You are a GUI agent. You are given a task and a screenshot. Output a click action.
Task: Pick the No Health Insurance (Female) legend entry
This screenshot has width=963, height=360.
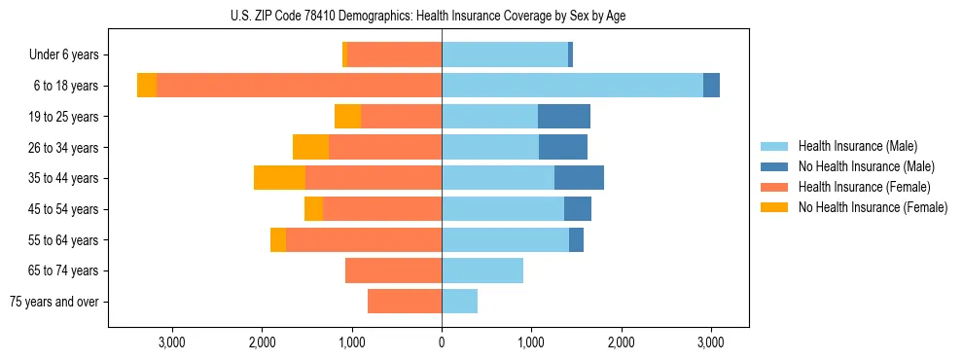pyautogui.click(x=873, y=207)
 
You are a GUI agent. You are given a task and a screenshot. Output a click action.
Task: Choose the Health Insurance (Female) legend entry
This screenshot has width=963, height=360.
pyautogui.click(x=864, y=187)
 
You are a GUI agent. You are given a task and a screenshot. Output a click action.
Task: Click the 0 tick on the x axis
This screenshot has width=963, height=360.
pyautogui.click(x=442, y=342)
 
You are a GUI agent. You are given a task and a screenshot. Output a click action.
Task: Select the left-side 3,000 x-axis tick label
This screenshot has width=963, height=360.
pyautogui.click(x=172, y=342)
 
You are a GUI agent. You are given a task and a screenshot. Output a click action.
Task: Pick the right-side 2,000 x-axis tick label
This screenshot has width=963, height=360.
pyautogui.click(x=621, y=342)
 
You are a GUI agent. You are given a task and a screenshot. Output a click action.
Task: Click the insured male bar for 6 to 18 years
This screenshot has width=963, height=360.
pyautogui.click(x=572, y=85)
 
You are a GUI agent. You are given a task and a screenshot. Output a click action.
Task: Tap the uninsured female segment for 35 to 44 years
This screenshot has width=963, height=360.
pyautogui.click(x=279, y=178)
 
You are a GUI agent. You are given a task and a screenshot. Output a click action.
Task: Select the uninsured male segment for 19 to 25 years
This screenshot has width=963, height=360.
pyautogui.click(x=564, y=117)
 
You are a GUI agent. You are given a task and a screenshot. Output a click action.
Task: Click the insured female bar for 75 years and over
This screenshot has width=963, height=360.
pyautogui.click(x=405, y=302)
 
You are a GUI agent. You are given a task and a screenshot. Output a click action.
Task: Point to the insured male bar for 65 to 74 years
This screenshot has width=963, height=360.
pyautogui.click(x=482, y=270)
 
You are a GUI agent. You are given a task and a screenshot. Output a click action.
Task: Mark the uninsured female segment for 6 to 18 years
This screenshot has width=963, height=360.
pyautogui.click(x=147, y=85)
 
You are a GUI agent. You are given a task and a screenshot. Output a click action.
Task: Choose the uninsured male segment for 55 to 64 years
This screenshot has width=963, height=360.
pyautogui.click(x=576, y=239)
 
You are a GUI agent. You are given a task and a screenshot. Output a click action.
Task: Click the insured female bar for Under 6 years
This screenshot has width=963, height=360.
pyautogui.click(x=394, y=54)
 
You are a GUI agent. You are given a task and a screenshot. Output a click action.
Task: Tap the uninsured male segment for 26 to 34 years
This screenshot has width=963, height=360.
pyautogui.click(x=563, y=147)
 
